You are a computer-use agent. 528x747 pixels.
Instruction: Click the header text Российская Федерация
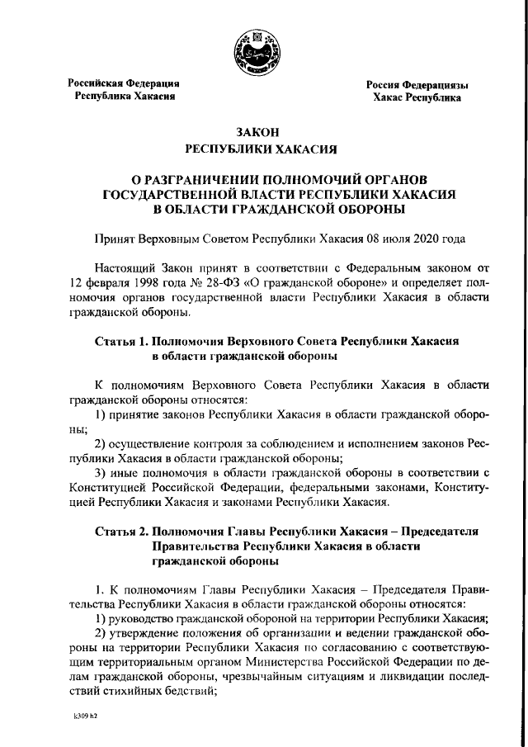point(124,83)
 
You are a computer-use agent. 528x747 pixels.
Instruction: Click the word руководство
point(143,622)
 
